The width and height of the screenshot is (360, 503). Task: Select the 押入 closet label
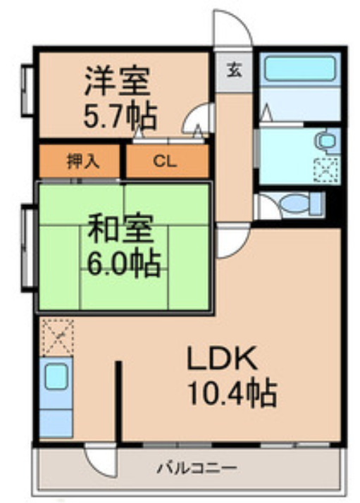(x=82, y=161)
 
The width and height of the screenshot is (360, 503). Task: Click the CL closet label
(x=167, y=161)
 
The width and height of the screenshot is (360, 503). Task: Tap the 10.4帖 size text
(x=230, y=393)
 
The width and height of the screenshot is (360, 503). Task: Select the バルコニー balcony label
(x=196, y=468)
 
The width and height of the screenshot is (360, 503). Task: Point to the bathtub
(x=299, y=71)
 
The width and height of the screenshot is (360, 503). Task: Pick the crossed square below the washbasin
(x=326, y=170)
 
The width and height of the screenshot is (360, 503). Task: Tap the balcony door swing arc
(x=99, y=461)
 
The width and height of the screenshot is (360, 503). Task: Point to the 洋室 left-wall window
(x=29, y=91)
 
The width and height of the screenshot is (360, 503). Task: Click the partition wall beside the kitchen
(x=119, y=402)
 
